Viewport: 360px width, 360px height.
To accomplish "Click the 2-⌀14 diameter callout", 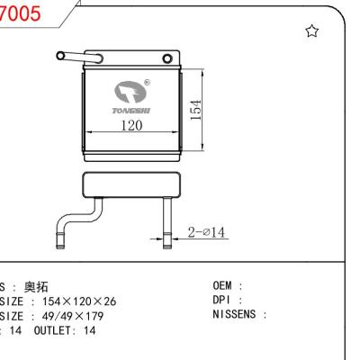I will tap(207, 232).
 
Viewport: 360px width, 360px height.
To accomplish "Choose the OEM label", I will tap(222, 287).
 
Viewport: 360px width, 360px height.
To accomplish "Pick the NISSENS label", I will tap(236, 316).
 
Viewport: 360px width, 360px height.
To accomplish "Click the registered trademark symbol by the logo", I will tap(148, 81).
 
